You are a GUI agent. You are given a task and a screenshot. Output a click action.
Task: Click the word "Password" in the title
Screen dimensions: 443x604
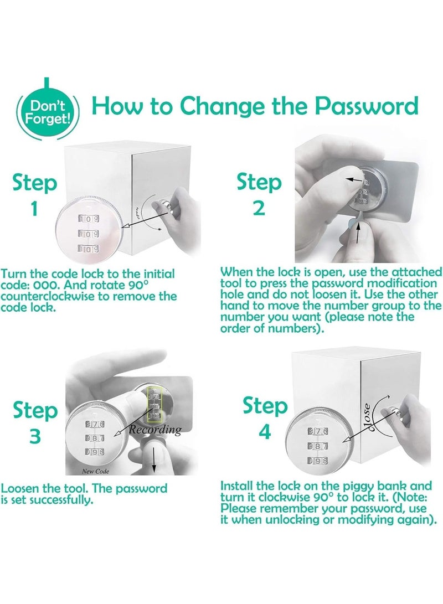(x=367, y=106)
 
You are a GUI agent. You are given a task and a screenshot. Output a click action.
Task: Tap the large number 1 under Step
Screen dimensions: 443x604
(x=34, y=209)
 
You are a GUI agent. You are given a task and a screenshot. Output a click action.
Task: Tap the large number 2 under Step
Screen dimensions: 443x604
(x=259, y=208)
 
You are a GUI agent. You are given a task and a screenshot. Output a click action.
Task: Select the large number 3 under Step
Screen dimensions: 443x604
(x=35, y=436)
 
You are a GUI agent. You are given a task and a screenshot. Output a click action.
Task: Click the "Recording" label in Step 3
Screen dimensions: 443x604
(x=155, y=430)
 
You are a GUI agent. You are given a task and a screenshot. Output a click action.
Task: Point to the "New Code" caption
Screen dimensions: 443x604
(x=95, y=471)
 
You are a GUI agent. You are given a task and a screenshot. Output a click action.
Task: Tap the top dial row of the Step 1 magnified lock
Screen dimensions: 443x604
(x=89, y=219)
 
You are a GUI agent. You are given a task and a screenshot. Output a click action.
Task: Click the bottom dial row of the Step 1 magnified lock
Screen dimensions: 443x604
(x=89, y=249)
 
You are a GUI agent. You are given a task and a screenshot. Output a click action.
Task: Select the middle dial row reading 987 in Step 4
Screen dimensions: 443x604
(x=317, y=446)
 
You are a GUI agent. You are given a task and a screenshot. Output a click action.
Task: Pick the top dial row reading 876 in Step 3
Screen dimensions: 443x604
(x=95, y=424)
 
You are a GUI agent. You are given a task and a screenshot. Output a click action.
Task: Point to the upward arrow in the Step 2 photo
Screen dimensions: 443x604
(x=359, y=233)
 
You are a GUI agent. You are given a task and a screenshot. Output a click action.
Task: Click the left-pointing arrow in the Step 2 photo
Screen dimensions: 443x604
(x=355, y=180)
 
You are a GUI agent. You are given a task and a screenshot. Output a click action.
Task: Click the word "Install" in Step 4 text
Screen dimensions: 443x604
(x=236, y=486)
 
